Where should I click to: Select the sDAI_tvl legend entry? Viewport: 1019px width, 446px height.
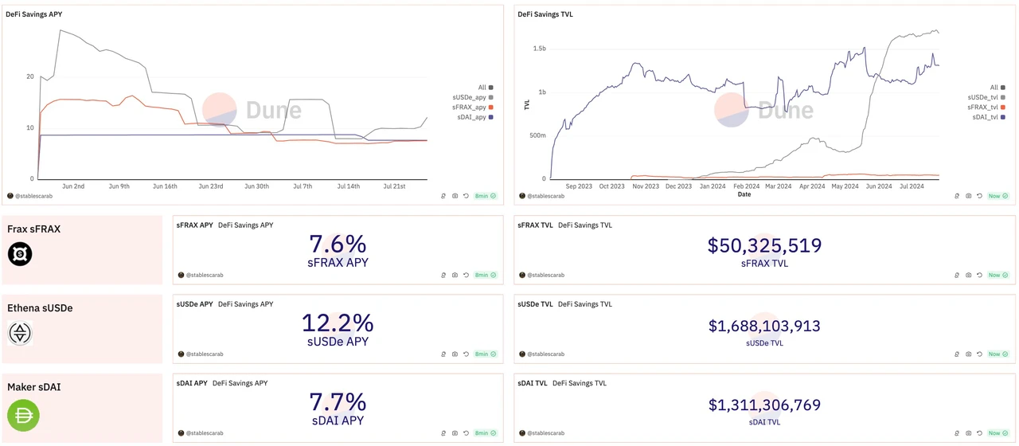985,117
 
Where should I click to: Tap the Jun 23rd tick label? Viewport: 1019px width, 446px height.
210,186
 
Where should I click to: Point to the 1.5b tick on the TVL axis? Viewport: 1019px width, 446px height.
539,49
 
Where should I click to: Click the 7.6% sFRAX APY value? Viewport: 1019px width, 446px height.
338,244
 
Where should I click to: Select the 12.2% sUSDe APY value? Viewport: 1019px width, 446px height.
338,323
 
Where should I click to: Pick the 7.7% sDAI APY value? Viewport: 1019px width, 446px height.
338,402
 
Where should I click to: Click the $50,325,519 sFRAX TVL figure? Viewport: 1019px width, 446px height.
764,245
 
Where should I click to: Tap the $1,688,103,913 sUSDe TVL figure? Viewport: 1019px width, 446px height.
764,326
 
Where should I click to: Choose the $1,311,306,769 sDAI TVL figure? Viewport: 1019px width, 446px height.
764,405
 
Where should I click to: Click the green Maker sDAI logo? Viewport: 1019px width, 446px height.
23,415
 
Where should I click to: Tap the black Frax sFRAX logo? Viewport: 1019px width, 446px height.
20,254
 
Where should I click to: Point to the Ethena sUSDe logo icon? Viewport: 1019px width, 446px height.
20,333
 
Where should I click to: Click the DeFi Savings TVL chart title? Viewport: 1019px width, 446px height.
545,14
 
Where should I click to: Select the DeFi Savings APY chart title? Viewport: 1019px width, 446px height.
33,14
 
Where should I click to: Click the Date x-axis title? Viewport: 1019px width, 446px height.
744,194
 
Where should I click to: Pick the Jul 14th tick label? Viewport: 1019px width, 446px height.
348,186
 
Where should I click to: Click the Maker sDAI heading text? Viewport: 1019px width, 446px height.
34,387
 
